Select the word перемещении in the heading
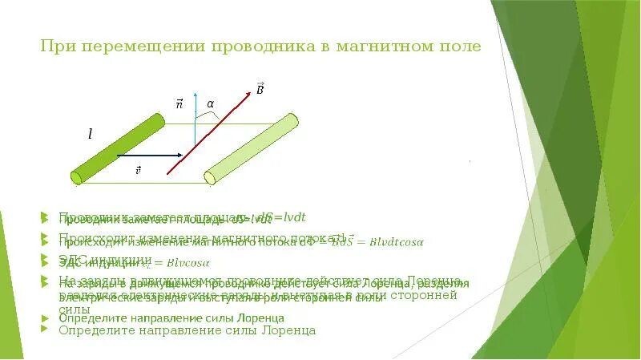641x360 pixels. [x=139, y=47]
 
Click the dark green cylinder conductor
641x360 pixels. [x=117, y=148]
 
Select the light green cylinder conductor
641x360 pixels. [x=251, y=149]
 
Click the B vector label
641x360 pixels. [x=260, y=87]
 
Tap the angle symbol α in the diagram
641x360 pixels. [x=211, y=104]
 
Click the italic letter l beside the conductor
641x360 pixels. [x=90, y=136]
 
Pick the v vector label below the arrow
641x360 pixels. [x=138, y=169]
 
